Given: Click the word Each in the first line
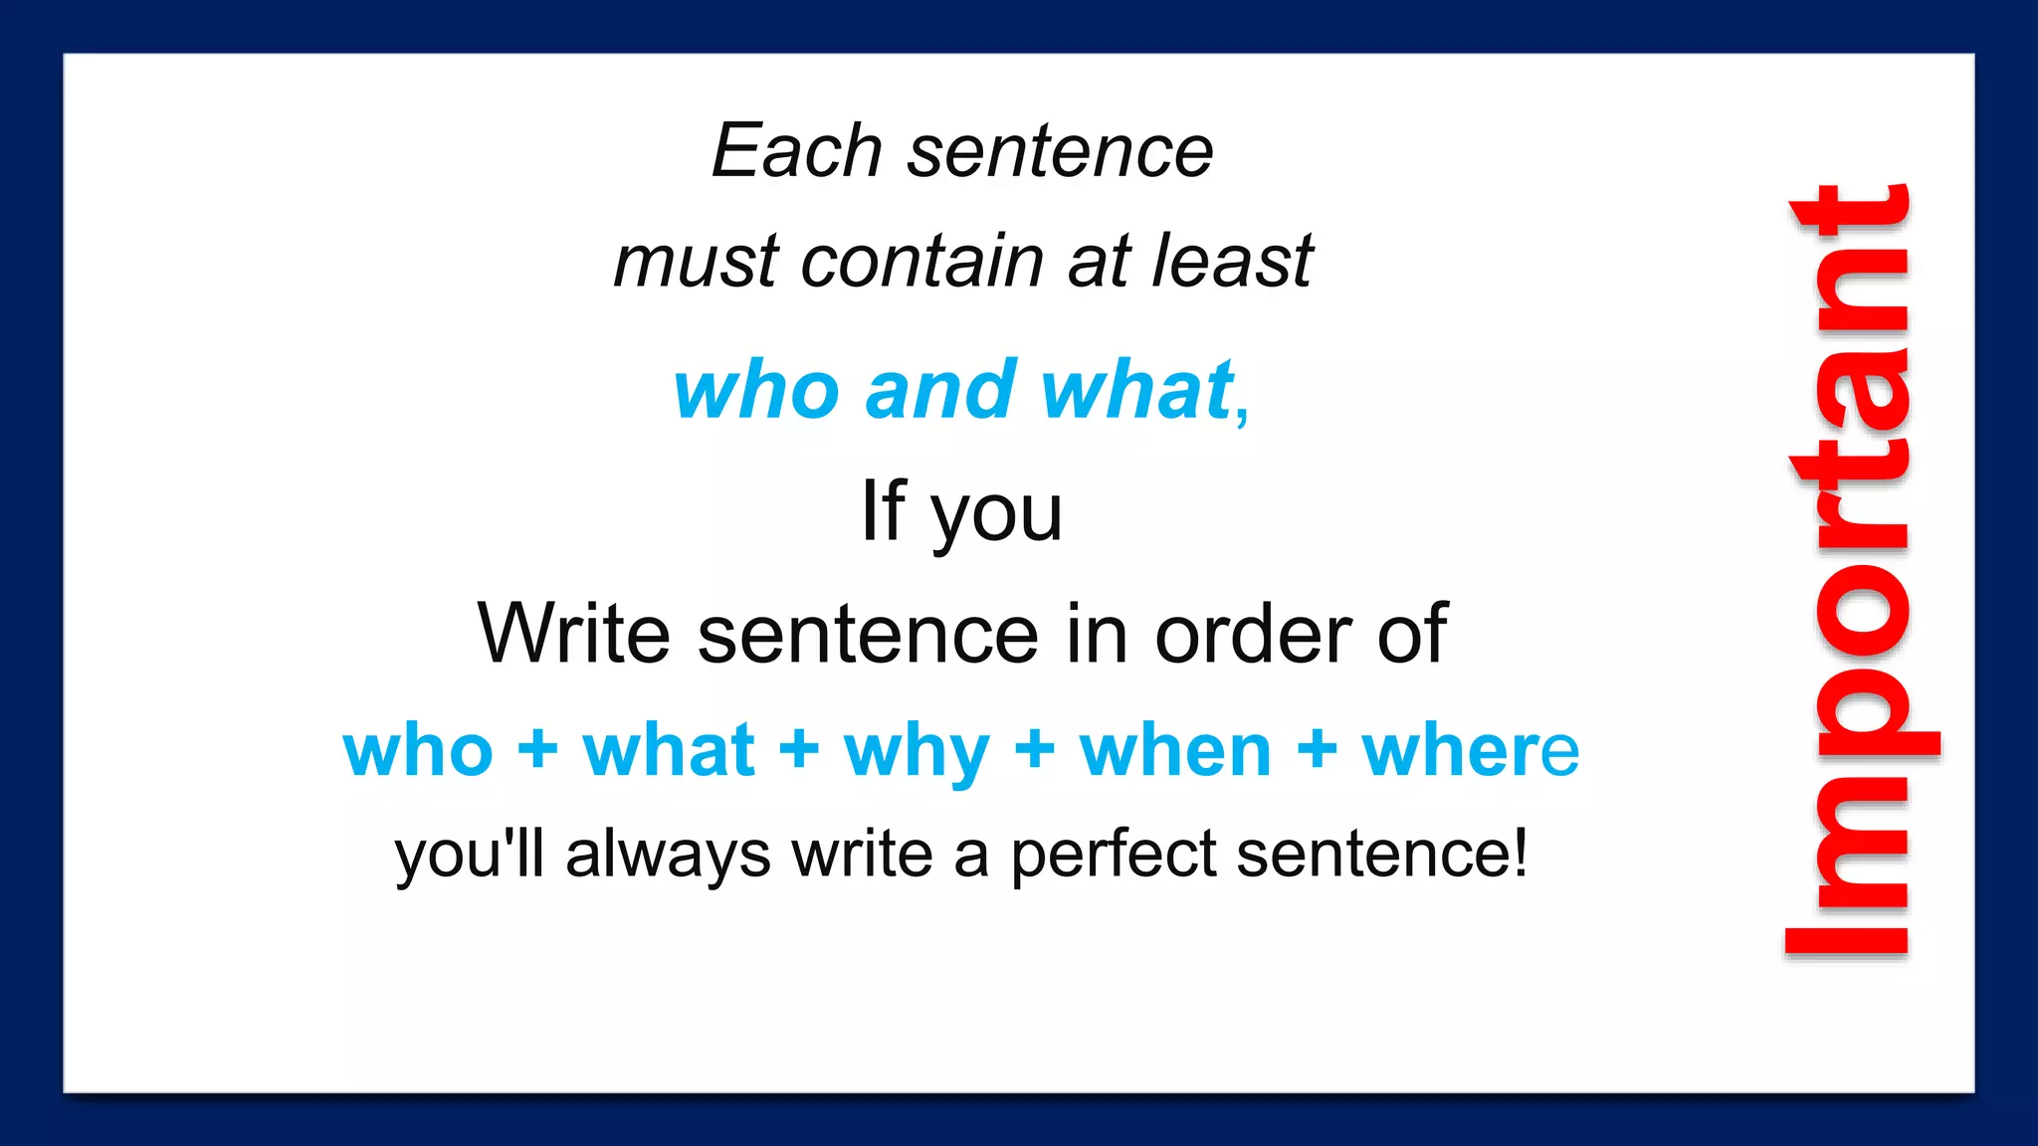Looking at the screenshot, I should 796,152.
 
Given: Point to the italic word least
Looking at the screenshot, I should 1233,262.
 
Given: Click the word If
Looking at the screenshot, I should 884,511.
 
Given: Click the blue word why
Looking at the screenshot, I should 917,752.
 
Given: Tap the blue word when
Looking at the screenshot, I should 1175,752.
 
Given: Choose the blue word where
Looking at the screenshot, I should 1470,752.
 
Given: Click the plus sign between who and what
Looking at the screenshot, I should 537,749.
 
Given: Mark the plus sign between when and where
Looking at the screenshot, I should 1317,749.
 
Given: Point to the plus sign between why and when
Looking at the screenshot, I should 1035,749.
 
